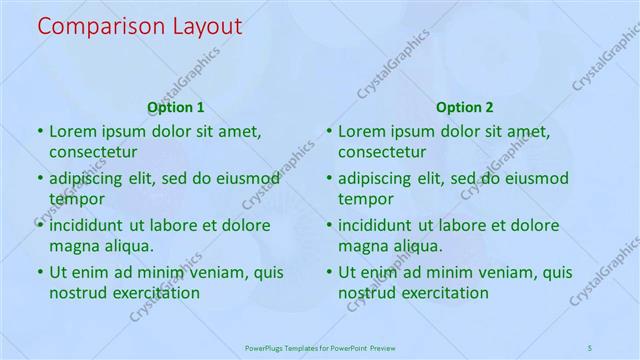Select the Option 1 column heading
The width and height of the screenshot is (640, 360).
(x=176, y=107)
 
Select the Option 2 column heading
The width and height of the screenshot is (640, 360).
(x=465, y=107)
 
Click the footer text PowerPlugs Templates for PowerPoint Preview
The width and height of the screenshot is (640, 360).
(x=320, y=347)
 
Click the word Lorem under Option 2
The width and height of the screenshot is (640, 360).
(x=361, y=131)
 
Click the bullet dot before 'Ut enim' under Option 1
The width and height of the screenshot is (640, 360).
(x=40, y=272)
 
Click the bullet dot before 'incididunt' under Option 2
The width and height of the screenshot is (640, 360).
(x=329, y=225)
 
